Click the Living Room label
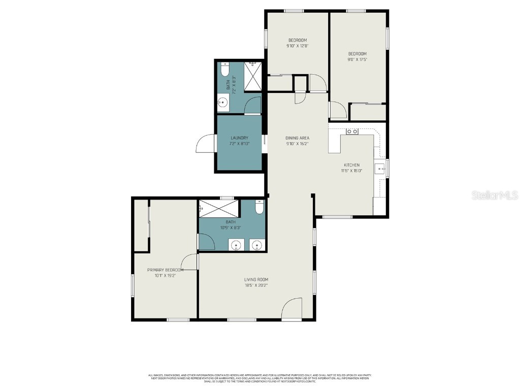click(256, 279)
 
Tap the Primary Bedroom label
click(165, 270)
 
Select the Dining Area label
click(297, 138)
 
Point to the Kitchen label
click(351, 165)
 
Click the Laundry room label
click(239, 138)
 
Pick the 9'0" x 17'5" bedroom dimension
click(357, 59)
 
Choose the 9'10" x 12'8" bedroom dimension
click(298, 46)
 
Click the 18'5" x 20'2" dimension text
click(256, 285)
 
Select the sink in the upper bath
click(223, 104)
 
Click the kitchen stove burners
click(352, 132)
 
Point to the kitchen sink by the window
click(379, 169)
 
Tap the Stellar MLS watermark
click(494, 195)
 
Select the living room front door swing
click(292, 309)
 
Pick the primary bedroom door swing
click(190, 262)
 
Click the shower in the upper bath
click(252, 75)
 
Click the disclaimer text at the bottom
click(259, 378)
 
